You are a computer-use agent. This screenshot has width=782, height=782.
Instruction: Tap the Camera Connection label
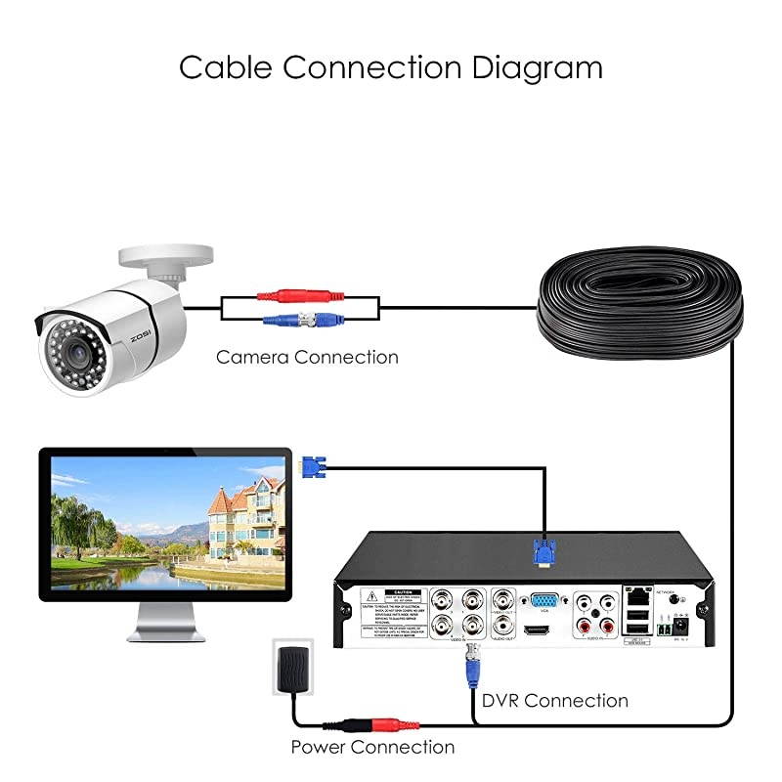point(307,357)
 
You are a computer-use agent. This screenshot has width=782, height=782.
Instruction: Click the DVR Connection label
point(554,700)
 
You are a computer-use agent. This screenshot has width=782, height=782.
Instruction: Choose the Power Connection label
point(372,747)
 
